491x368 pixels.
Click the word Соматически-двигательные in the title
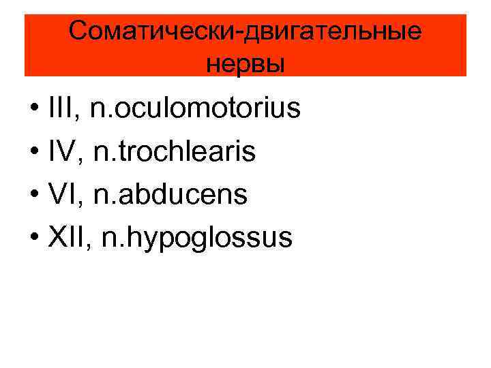point(245,31)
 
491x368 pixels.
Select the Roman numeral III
point(63,108)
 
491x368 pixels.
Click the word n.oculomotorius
point(195,108)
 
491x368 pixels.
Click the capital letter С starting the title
point(79,31)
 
